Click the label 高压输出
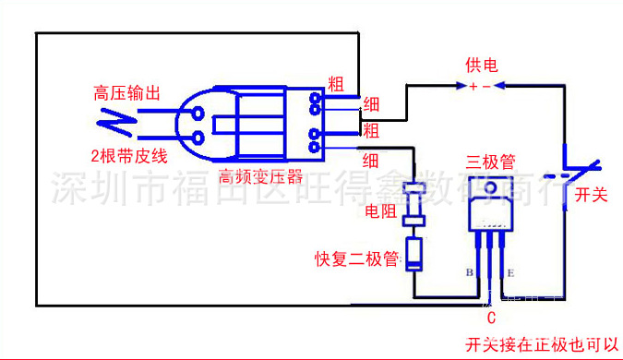click(x=127, y=93)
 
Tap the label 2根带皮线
click(x=127, y=153)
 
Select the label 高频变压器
click(x=260, y=175)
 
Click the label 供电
click(x=481, y=66)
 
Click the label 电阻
click(x=381, y=211)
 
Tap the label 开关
click(x=590, y=195)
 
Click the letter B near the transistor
click(x=470, y=273)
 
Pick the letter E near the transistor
click(x=509, y=273)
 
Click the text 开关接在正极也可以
click(x=544, y=343)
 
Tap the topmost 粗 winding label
click(x=337, y=82)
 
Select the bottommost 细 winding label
click(x=371, y=159)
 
